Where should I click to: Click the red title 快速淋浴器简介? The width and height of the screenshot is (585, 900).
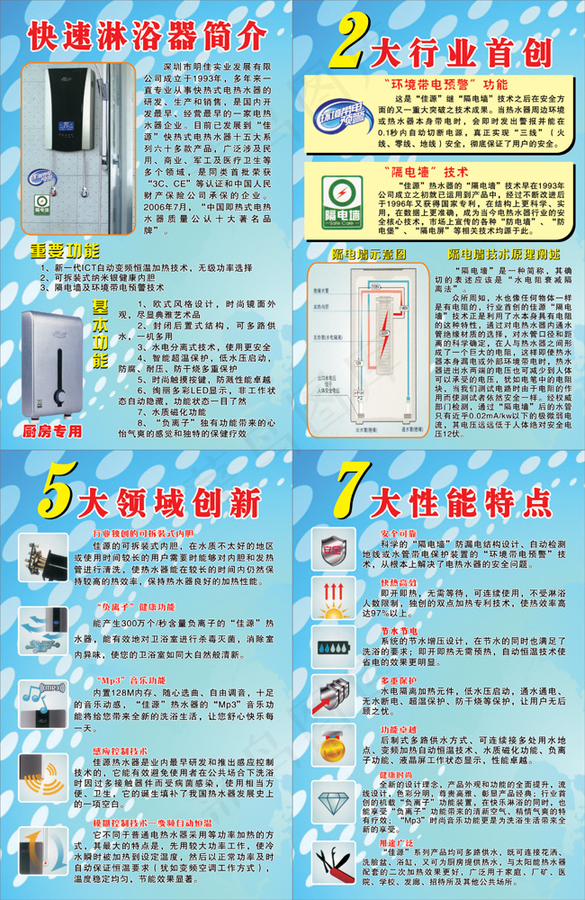(x=148, y=36)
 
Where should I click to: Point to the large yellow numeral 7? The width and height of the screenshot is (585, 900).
(x=352, y=496)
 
